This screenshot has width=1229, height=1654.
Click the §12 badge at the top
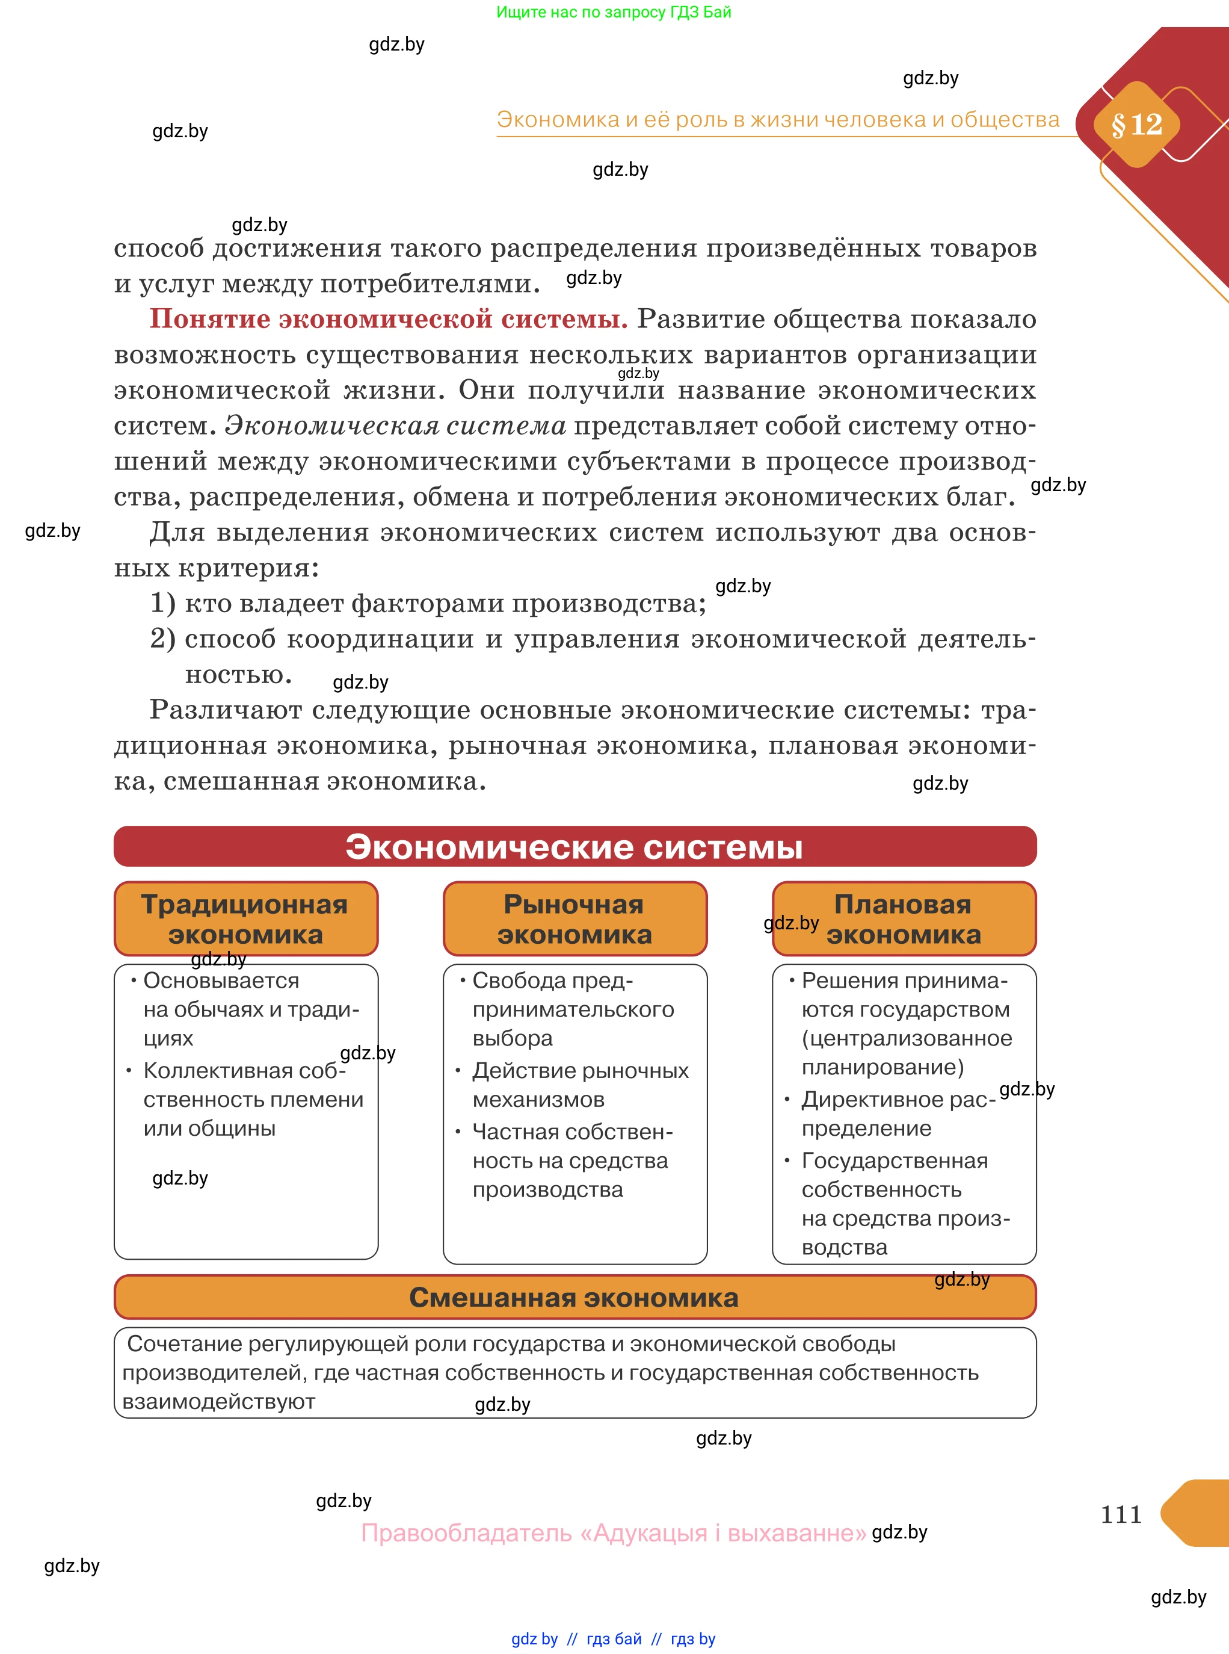click(x=1136, y=125)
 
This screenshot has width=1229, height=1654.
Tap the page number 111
click(x=1120, y=1513)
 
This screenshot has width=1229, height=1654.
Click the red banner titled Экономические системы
click(x=574, y=846)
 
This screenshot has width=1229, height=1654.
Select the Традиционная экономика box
click(x=245, y=918)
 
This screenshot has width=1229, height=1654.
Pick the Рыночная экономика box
click(x=574, y=918)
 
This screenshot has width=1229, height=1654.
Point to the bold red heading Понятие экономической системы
click(x=389, y=318)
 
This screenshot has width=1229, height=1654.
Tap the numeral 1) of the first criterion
click(x=163, y=603)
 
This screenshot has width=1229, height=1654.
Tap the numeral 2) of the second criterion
click(x=163, y=639)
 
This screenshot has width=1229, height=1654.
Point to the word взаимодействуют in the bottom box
click(x=219, y=1402)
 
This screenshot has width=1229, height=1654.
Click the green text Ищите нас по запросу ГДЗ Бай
click(x=613, y=12)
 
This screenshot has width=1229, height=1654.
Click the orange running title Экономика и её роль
click(x=777, y=120)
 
